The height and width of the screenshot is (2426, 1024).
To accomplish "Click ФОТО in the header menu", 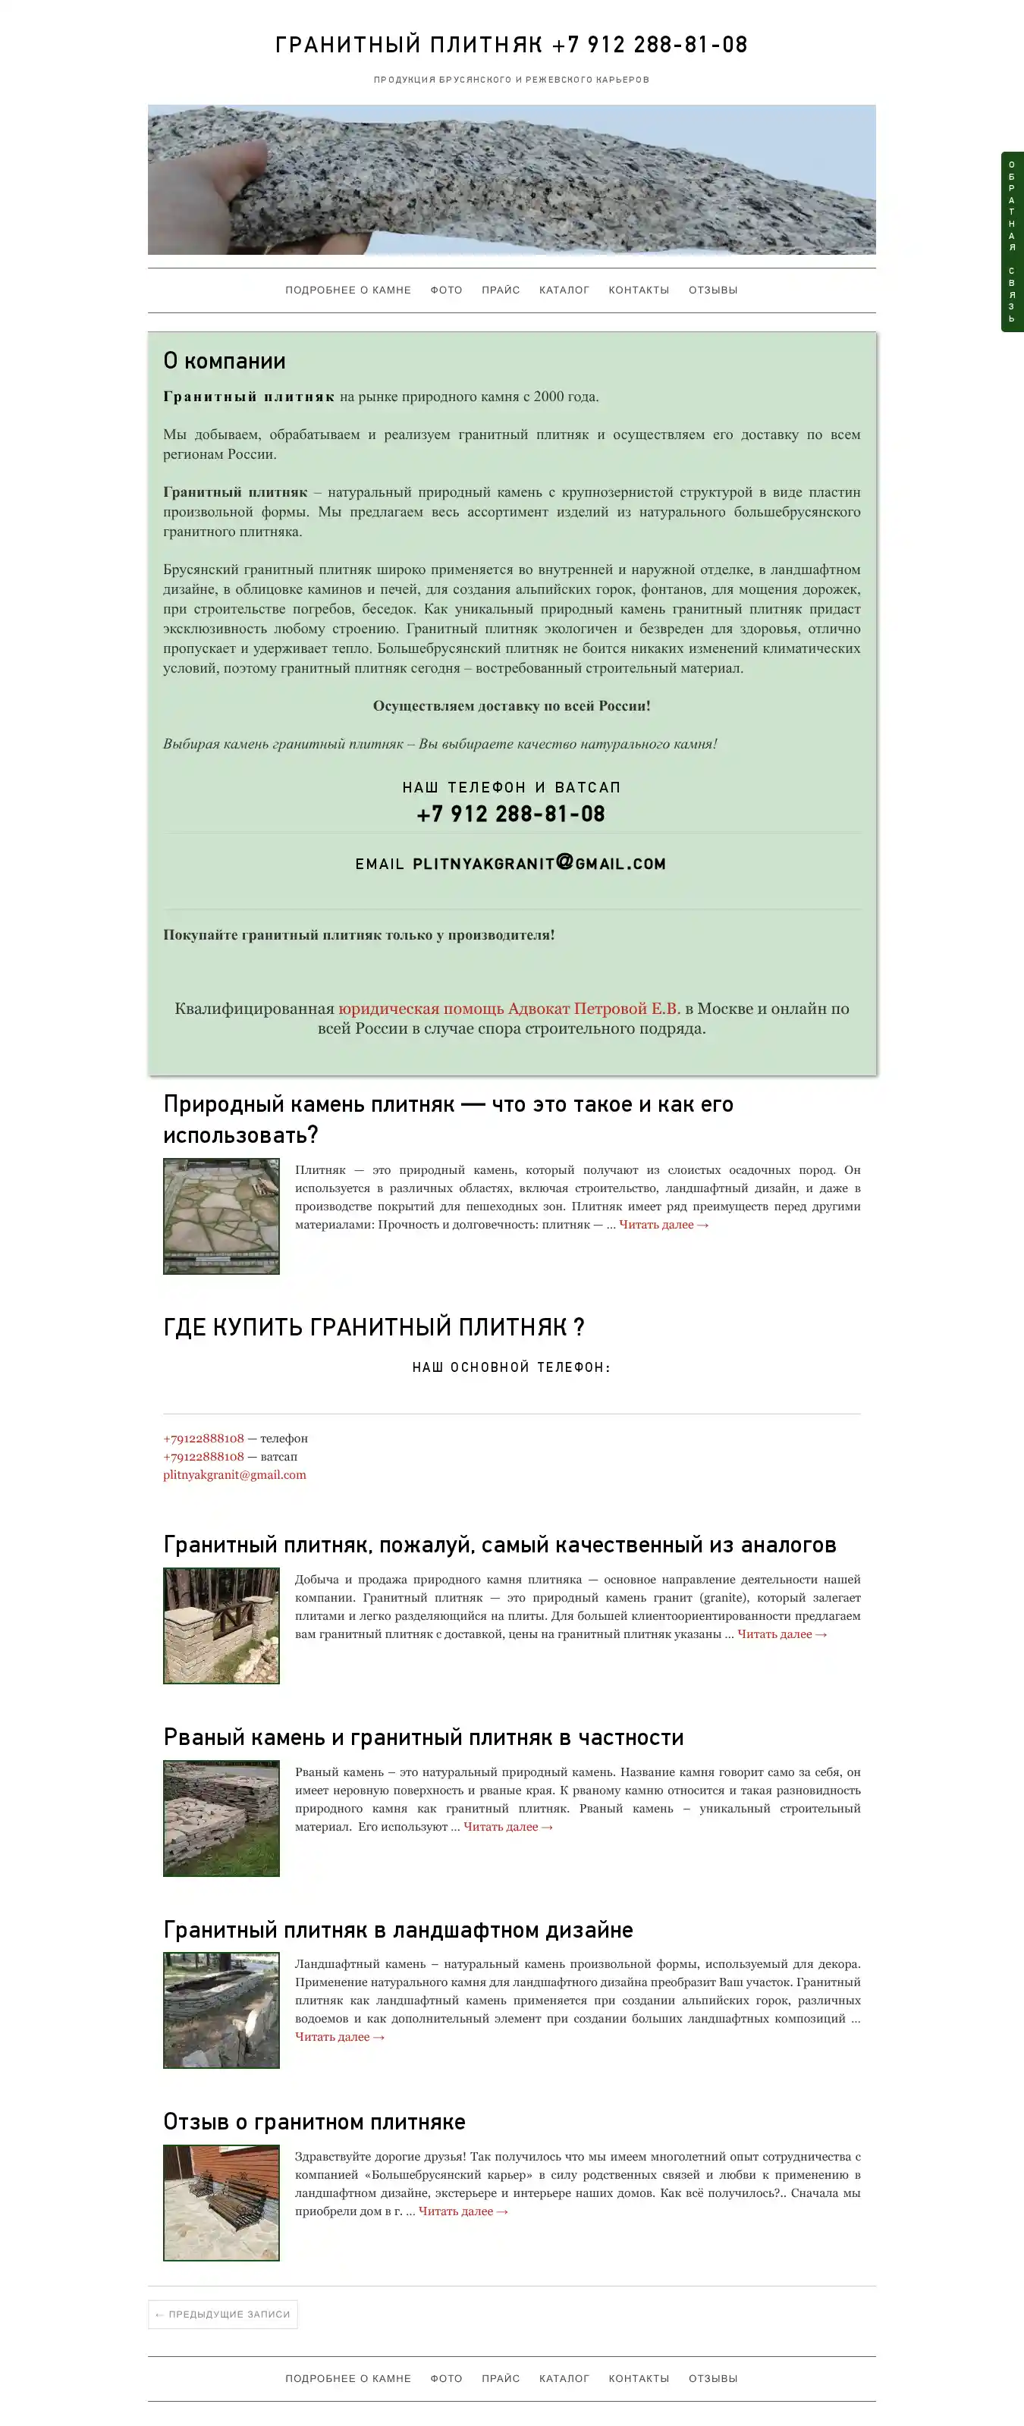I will pos(445,290).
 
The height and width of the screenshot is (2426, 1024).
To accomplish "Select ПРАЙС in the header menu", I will pos(500,290).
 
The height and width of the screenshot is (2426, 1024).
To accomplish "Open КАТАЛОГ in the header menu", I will pos(564,290).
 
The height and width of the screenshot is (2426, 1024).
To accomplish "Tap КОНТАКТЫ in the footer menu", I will pos(638,2378).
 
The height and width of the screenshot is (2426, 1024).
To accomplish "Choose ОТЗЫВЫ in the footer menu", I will pos(712,2378).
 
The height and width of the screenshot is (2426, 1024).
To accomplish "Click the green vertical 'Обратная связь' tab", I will pos(1012,242).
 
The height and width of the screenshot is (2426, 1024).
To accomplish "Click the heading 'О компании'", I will pos(225,361).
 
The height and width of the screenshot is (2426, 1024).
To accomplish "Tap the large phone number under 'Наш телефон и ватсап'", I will pos(510,814).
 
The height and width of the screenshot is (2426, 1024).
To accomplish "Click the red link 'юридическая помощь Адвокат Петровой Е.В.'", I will pos(509,1009).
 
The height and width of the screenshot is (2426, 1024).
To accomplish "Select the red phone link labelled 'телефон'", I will pos(203,1438).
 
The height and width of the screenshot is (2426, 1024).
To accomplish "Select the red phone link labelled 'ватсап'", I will pos(203,1456).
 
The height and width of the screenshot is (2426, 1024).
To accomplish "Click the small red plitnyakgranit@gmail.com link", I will pos(234,1475).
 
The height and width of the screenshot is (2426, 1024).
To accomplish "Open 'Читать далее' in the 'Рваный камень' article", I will pos(507,1826).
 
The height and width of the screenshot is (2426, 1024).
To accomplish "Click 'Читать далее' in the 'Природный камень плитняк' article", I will pos(663,1224).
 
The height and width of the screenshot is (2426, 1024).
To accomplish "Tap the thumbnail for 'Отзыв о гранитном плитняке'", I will pos(221,2202).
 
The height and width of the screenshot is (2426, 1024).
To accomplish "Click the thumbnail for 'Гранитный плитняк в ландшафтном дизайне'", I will pos(221,2010).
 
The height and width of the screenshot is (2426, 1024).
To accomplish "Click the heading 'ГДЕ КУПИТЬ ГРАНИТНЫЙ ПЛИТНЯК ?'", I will pos(374,1327).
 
